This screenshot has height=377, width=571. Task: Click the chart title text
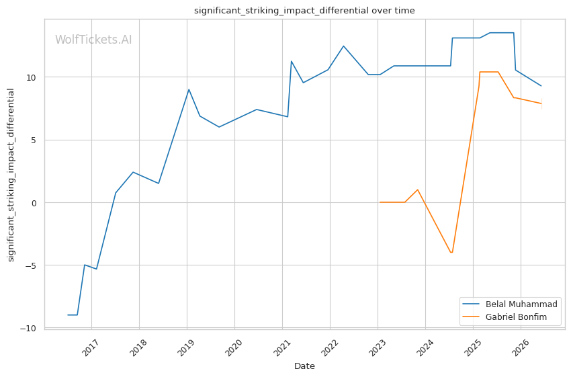click(304, 11)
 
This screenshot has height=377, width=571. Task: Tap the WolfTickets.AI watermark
click(93, 40)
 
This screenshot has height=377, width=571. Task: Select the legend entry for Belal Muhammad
click(510, 304)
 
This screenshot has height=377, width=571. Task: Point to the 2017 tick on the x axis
click(91, 347)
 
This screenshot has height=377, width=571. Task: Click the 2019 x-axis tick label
click(186, 347)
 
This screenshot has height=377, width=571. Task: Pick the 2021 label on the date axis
click(281, 347)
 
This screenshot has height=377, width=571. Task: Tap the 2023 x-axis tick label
click(377, 347)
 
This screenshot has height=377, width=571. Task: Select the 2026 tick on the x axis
click(520, 347)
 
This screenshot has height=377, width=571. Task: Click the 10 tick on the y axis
click(32, 77)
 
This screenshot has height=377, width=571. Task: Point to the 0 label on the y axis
click(34, 203)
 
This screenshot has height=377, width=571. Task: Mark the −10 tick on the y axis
click(28, 329)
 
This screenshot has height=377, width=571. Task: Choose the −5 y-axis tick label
click(31, 266)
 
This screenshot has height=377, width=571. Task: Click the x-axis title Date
click(304, 366)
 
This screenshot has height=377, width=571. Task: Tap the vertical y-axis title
click(11, 175)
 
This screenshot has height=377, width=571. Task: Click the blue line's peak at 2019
click(189, 89)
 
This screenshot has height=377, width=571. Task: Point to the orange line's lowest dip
click(451, 253)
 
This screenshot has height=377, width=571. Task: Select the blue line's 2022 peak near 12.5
click(343, 46)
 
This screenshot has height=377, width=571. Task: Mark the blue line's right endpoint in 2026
click(541, 86)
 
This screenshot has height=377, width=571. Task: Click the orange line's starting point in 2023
click(380, 202)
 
